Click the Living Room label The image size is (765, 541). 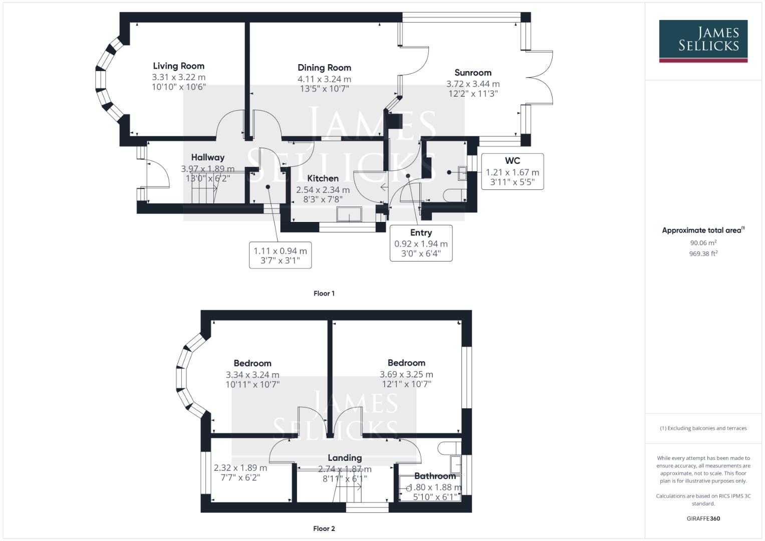[x=178, y=66]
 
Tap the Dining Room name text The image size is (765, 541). [x=324, y=68]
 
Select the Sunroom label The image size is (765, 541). [x=472, y=73]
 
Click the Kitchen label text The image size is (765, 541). [x=323, y=178]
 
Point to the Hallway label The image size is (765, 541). [x=207, y=157]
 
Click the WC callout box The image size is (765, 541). [x=512, y=171]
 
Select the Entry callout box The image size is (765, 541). [x=421, y=243]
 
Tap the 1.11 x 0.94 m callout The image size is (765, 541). [x=280, y=255]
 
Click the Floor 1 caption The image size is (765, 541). [x=324, y=294]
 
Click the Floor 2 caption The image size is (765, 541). [x=324, y=528]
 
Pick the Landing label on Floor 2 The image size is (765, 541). [x=345, y=458]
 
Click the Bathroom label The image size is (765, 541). [x=434, y=476]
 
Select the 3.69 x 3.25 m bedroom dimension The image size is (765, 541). [x=406, y=375]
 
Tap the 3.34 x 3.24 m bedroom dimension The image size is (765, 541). [x=252, y=375]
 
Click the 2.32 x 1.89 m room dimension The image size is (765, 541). [x=240, y=468]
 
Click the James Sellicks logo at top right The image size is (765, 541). [x=703, y=41]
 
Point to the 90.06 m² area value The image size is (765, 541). [x=703, y=243]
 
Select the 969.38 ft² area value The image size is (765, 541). [x=703, y=254]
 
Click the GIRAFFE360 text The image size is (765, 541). [x=703, y=518]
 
